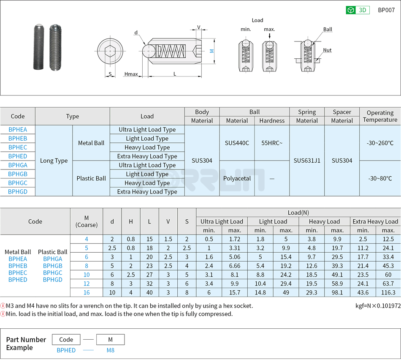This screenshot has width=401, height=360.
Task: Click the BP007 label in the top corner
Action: pyautogui.click(x=386, y=10)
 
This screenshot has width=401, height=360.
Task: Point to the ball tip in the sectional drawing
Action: pyautogui.click(x=148, y=51)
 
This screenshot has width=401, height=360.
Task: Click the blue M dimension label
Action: pyautogui.click(x=211, y=51)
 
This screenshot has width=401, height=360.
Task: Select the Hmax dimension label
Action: pyautogui.click(x=131, y=74)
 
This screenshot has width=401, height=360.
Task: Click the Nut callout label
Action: pyautogui.click(x=327, y=50)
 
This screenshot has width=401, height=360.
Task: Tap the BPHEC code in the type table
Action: pyautogui.click(x=18, y=147)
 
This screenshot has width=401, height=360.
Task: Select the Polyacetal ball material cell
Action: pyautogui.click(x=237, y=178)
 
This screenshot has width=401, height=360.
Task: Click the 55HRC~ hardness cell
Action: pyautogui.click(x=272, y=143)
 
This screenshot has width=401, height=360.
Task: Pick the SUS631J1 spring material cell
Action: pyautogui.click(x=307, y=161)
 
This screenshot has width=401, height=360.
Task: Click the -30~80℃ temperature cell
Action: pyautogui.click(x=380, y=178)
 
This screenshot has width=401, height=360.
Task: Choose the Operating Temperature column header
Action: pyautogui.click(x=380, y=116)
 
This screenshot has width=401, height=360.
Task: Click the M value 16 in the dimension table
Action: pyautogui.click(x=87, y=292)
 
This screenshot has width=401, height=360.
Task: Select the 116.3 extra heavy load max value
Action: pyautogui.click(x=388, y=292)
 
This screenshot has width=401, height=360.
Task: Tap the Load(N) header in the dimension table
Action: pyautogui.click(x=298, y=213)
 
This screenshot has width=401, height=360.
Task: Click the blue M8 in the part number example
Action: pyautogui.click(x=110, y=350)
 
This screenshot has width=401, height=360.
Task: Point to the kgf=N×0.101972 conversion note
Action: pyautogui.click(x=378, y=306)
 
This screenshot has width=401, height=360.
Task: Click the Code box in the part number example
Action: pyautogui.click(x=66, y=339)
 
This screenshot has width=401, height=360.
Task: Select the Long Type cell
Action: pyautogui.click(x=54, y=161)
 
